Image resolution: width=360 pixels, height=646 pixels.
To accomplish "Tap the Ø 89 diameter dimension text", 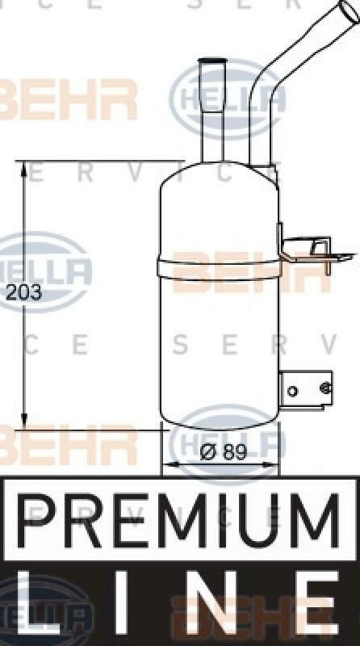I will pyautogui.click(x=223, y=453).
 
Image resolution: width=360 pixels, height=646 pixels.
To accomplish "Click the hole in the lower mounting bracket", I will pyautogui.click(x=292, y=392).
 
